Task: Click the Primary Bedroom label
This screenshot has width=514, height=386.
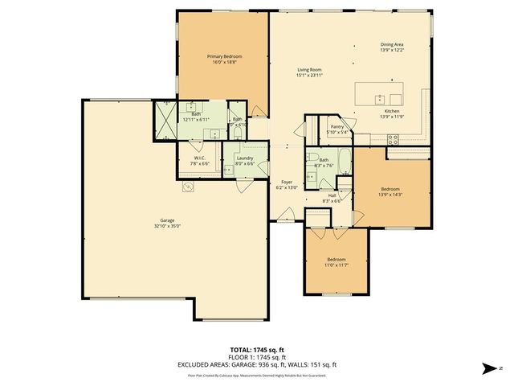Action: [224, 56]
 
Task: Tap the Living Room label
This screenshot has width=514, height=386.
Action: [309, 70]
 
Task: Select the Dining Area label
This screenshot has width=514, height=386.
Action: [392, 45]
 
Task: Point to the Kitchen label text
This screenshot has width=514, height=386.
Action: [391, 110]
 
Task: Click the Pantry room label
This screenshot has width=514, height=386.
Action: [337, 126]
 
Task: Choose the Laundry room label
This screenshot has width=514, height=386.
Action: [245, 158]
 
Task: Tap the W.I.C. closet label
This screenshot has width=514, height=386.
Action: [198, 158]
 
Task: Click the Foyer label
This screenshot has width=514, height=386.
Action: [287, 182]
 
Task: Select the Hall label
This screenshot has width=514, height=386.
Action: [332, 195]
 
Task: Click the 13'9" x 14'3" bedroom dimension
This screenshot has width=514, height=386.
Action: [391, 194]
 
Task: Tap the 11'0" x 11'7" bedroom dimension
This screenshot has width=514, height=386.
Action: [336, 265]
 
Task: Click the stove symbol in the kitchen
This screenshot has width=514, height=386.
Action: [394, 138]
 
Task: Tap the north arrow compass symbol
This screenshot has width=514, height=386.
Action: [487, 368]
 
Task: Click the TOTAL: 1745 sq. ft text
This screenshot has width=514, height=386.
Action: [257, 350]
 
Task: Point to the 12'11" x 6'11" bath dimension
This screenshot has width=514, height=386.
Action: [196, 119]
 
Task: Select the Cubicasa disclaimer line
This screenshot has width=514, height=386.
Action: [257, 375]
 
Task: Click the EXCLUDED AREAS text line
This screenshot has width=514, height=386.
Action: [257, 364]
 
